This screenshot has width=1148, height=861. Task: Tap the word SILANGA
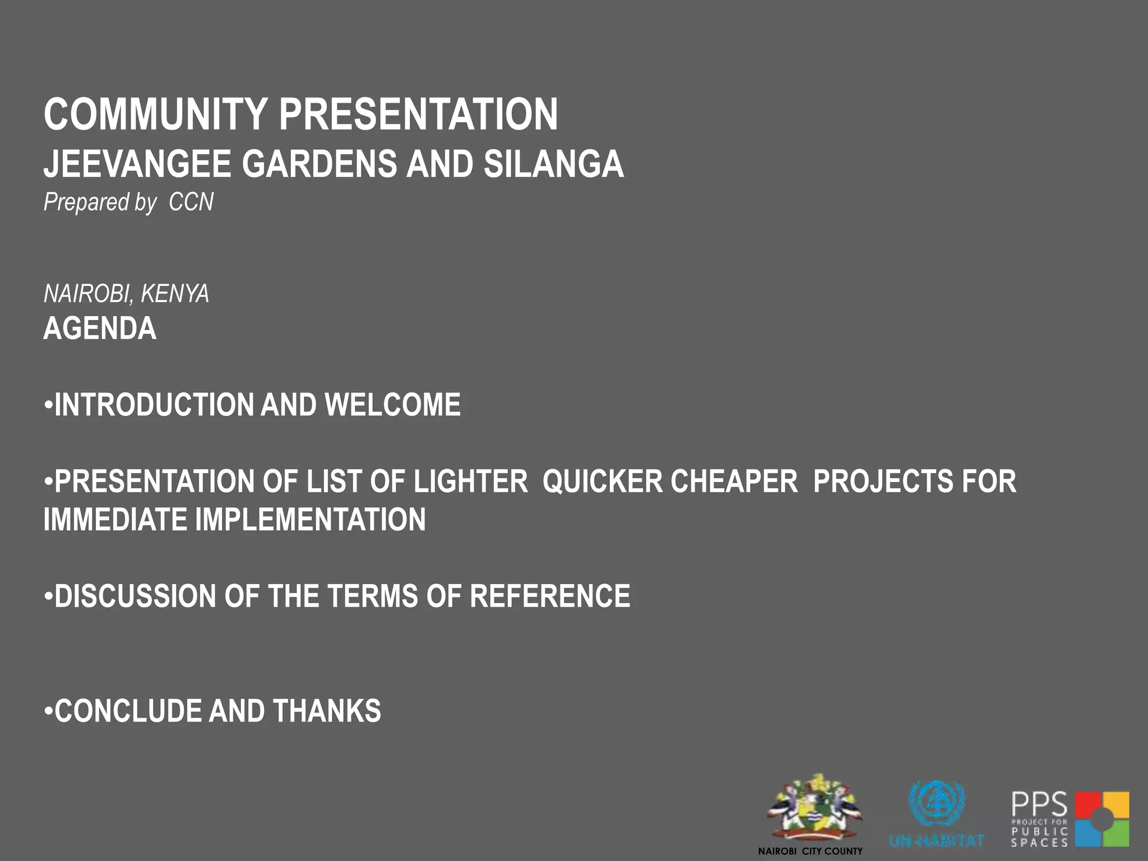point(553,164)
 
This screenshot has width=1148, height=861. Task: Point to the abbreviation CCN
point(191,202)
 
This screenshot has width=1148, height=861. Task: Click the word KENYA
point(175,294)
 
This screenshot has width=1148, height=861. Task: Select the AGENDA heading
point(100,328)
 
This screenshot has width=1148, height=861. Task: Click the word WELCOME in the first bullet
point(392,405)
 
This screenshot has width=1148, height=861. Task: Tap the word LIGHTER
point(470,482)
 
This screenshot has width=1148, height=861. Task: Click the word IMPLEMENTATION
point(310,520)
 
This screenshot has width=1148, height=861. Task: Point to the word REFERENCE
point(550,596)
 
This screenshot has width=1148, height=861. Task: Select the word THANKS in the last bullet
point(327,711)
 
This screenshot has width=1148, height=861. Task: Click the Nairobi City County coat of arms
point(814,808)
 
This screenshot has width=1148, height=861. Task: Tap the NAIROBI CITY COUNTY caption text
point(810,851)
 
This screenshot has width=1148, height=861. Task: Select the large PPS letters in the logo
point(1039,805)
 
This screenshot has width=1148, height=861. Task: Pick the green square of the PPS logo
point(1116,834)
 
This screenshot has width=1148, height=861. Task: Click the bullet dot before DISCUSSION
point(49,596)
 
